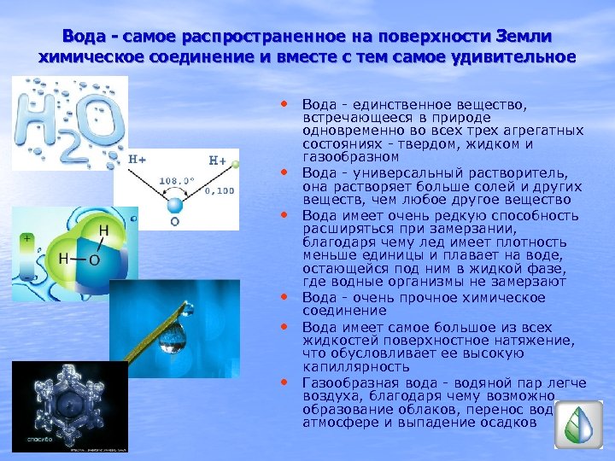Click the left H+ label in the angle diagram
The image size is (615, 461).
coord(138,159)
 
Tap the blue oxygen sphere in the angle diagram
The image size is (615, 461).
coord(175,205)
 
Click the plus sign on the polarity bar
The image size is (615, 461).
coord(28,240)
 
